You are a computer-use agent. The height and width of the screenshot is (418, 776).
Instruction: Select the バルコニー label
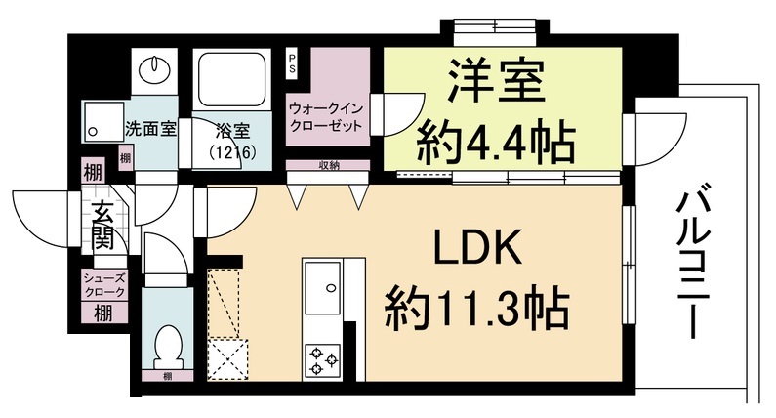tap(697, 264)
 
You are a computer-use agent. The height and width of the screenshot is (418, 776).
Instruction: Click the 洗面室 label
tap(151, 128)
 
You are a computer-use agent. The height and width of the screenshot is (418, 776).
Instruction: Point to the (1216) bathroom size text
tap(230, 152)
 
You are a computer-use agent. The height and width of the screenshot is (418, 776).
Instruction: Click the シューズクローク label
tap(102, 284)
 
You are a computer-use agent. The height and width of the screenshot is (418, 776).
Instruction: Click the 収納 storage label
tap(328, 166)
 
